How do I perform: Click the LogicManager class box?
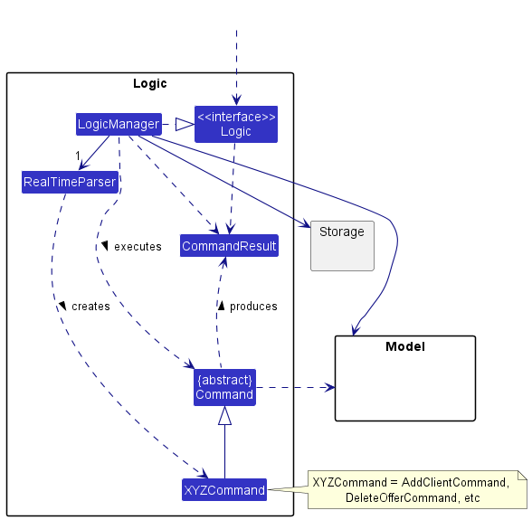[x=119, y=124]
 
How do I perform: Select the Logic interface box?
[x=236, y=124]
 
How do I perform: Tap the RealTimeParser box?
[x=70, y=182]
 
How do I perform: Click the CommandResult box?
[x=230, y=246]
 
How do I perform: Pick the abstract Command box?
[x=224, y=387]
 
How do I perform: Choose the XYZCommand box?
[x=224, y=490]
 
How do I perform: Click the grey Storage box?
[x=342, y=246]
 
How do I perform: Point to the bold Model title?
[x=405, y=346]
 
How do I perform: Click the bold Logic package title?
[x=150, y=83]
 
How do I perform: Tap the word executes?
[x=138, y=247]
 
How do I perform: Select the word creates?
[x=90, y=307]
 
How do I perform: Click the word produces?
[x=253, y=307]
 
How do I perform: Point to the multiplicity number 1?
[x=78, y=156]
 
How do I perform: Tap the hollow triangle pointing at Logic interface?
[x=185, y=124]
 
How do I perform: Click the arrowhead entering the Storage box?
[x=306, y=224]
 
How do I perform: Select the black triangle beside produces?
[x=221, y=307]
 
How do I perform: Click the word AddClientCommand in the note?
[x=456, y=482]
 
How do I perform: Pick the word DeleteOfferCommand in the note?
[x=401, y=497]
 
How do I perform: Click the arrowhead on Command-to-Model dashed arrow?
[x=329, y=387]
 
